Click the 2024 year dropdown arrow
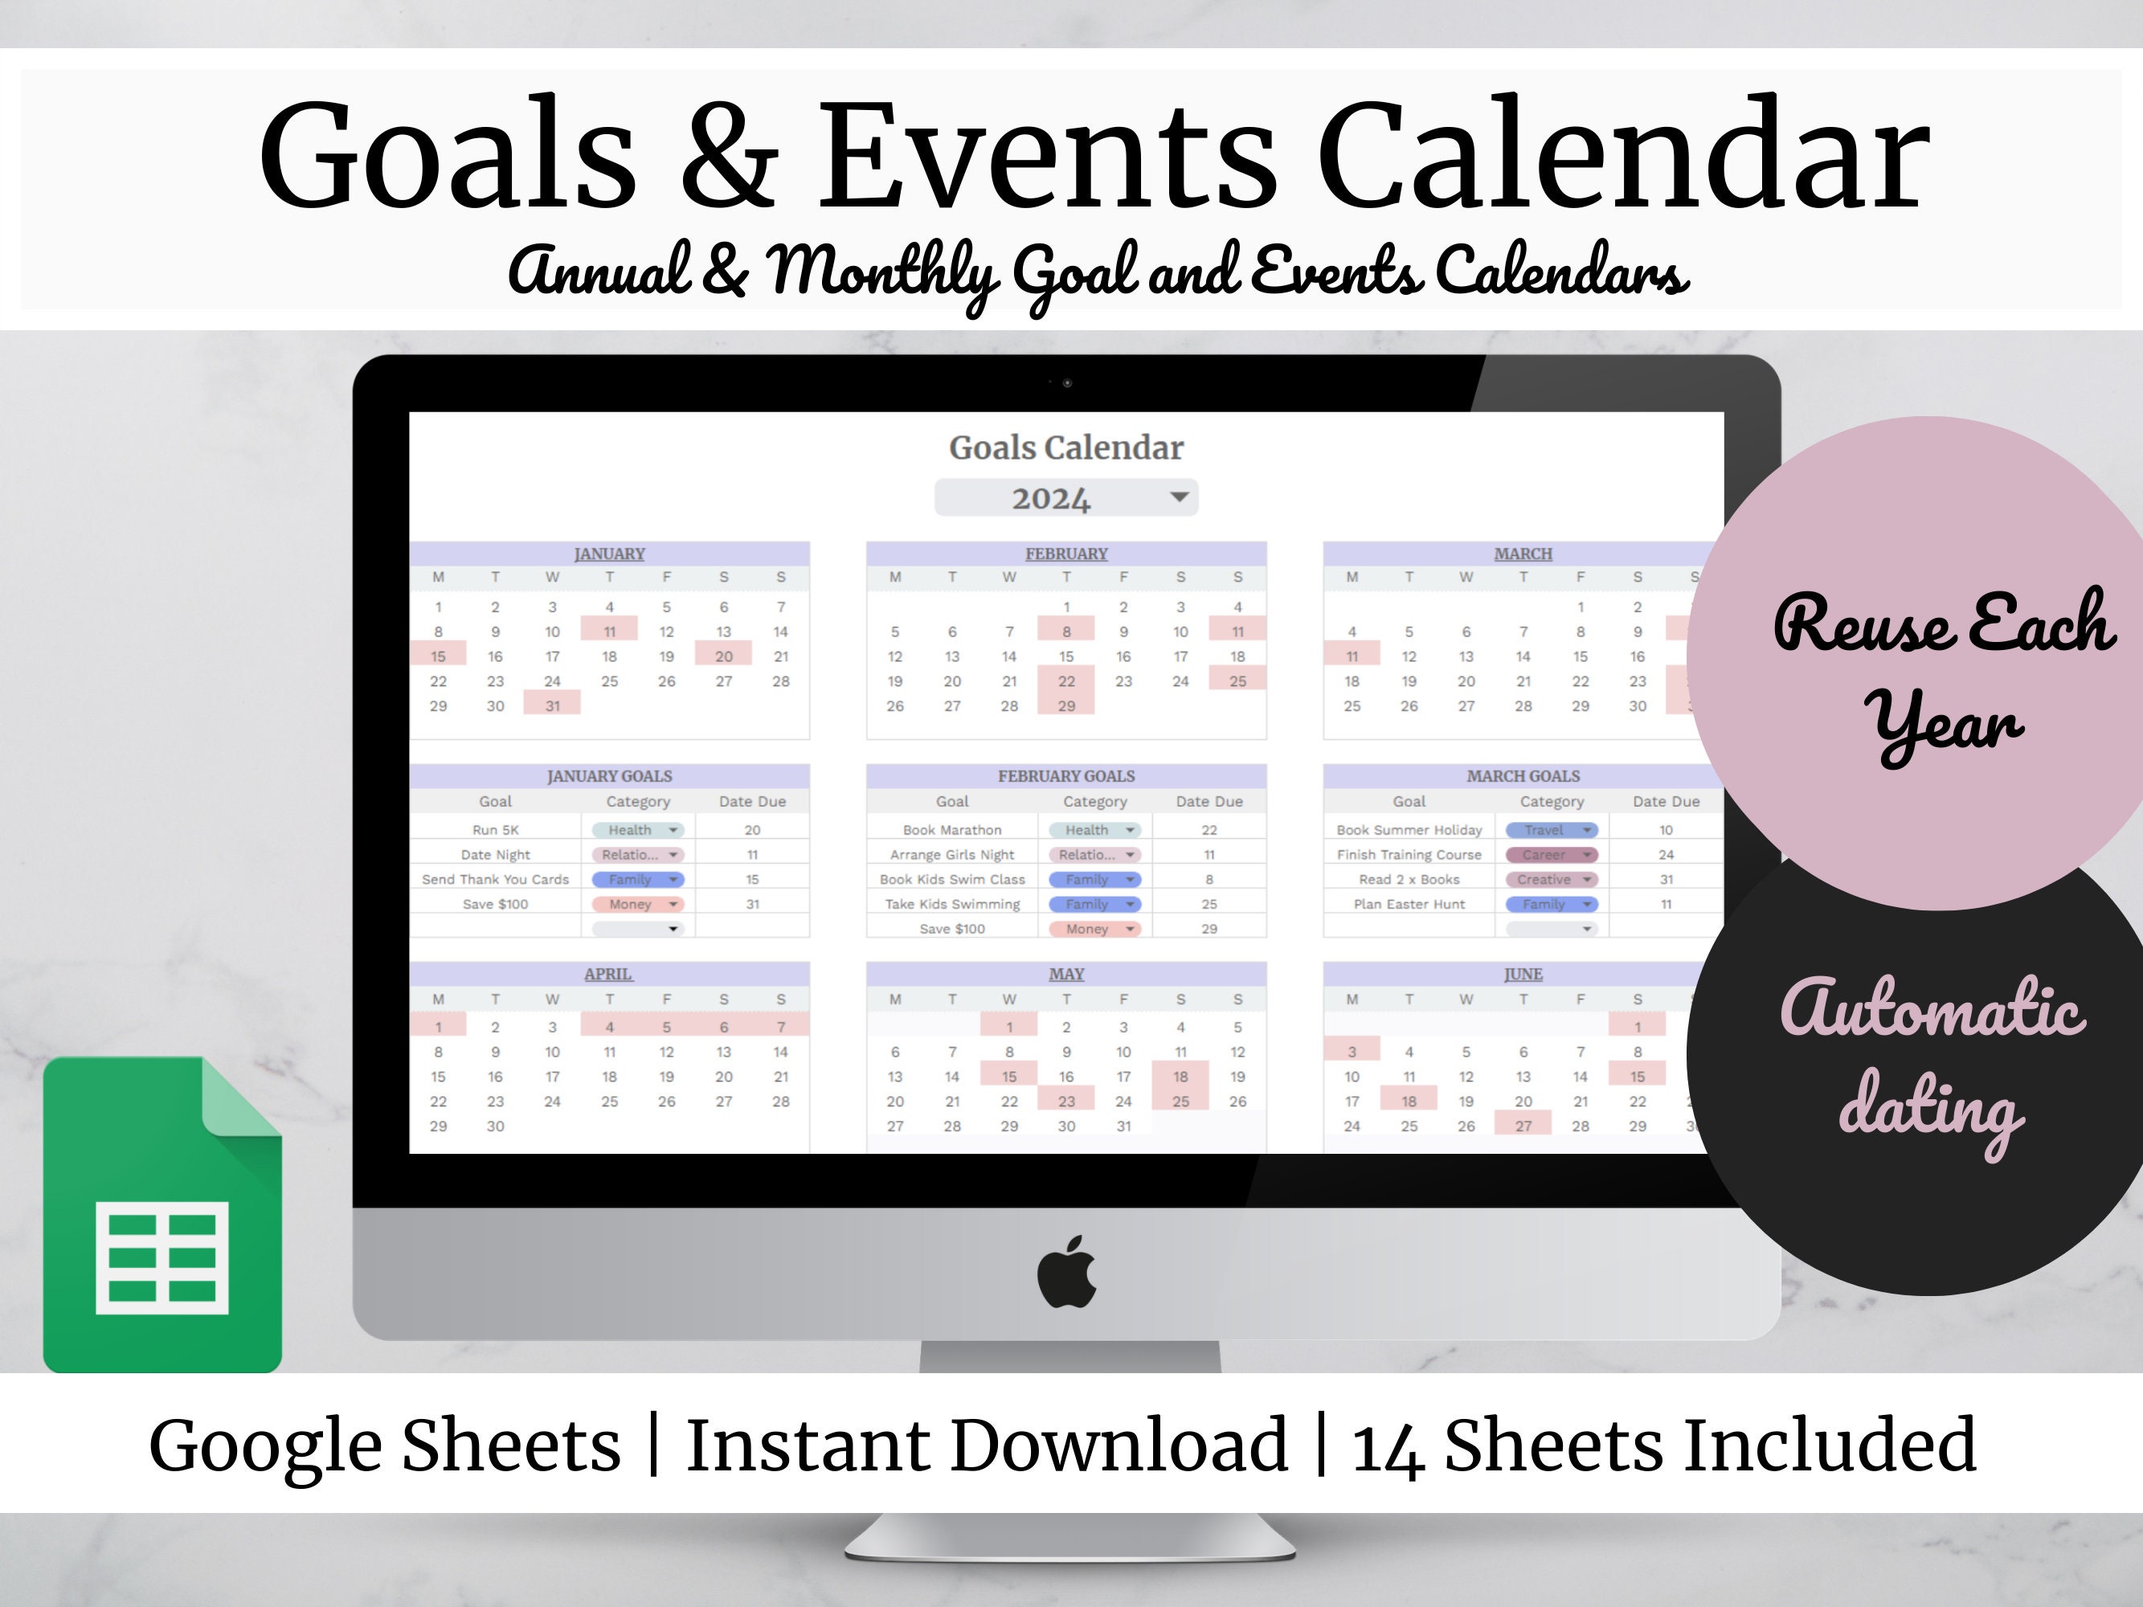coord(1178,497)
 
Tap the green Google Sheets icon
coord(163,1216)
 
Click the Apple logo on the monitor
coord(1066,1272)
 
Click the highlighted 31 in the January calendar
coord(552,706)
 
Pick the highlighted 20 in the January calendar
coord(724,656)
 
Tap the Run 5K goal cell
coord(495,830)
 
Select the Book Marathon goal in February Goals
coord(951,830)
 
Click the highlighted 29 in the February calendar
coord(1065,706)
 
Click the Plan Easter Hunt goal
coord(1409,904)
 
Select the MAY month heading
coord(1065,975)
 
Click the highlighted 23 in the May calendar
coord(1065,1102)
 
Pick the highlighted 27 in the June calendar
coord(1523,1126)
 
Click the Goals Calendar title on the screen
coord(1065,448)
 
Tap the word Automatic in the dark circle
coord(1932,1009)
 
